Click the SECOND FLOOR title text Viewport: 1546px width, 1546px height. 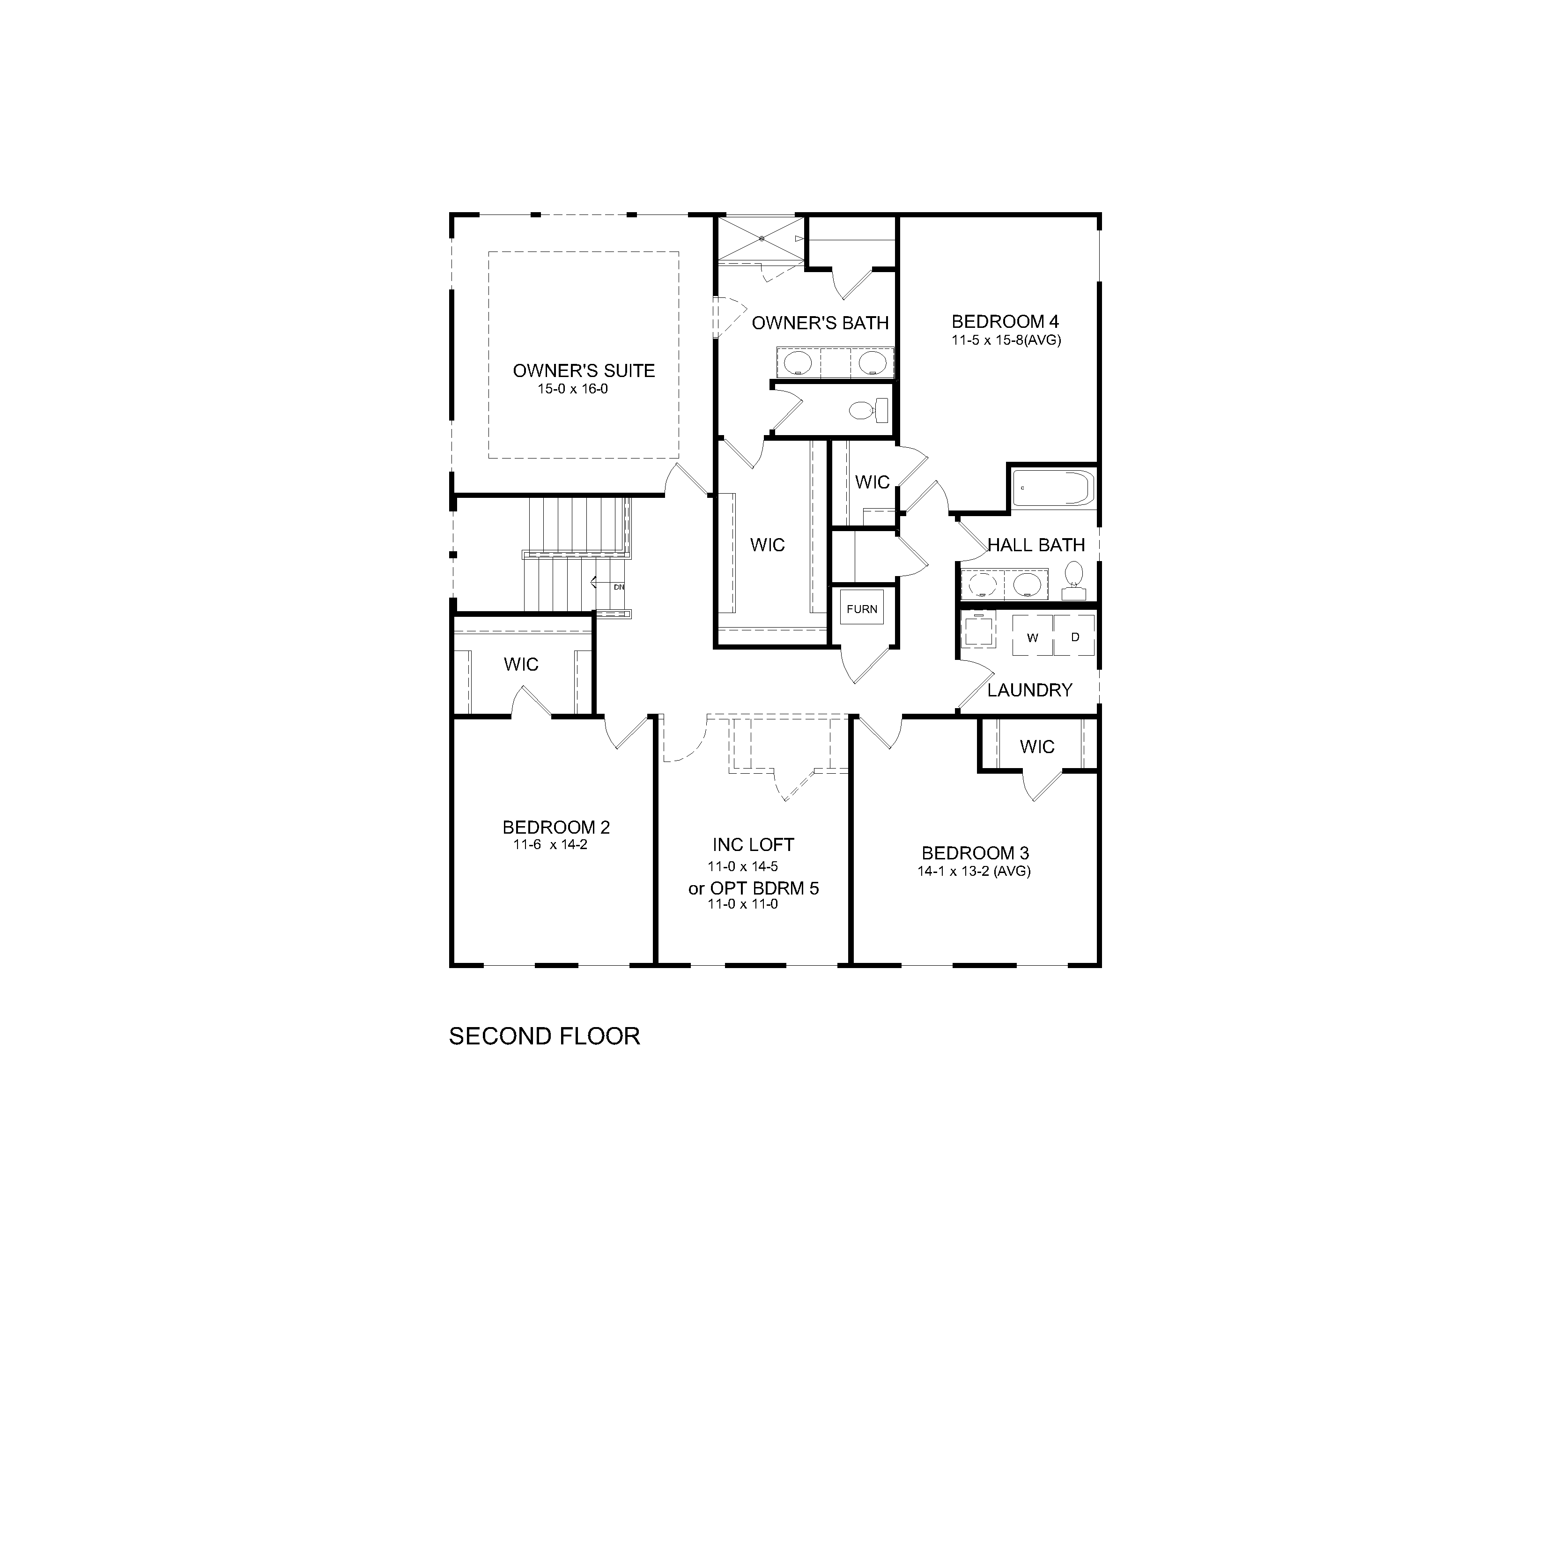(544, 1036)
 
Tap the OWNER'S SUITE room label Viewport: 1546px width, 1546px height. (584, 370)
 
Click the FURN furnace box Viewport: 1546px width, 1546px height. (862, 609)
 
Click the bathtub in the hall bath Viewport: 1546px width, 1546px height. (1052, 488)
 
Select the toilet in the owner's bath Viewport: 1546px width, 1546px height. (870, 411)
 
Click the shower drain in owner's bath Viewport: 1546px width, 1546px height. (762, 238)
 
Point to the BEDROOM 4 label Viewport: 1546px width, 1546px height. (1005, 322)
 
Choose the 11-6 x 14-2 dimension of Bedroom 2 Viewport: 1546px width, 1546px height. (551, 844)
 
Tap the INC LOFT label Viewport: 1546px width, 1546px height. (753, 845)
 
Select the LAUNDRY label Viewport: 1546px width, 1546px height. (1030, 690)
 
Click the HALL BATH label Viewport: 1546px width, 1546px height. (1036, 545)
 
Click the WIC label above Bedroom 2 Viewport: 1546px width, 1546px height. (521, 664)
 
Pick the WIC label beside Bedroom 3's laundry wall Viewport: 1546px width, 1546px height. (1037, 747)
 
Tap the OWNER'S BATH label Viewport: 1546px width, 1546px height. (820, 323)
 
